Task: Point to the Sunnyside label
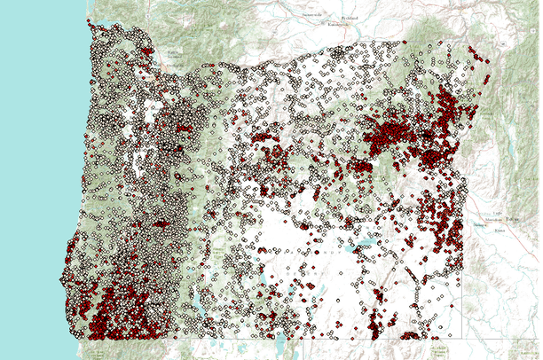[x=293, y=16]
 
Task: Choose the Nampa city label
[x=489, y=225]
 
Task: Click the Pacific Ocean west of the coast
[x=35, y=177]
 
